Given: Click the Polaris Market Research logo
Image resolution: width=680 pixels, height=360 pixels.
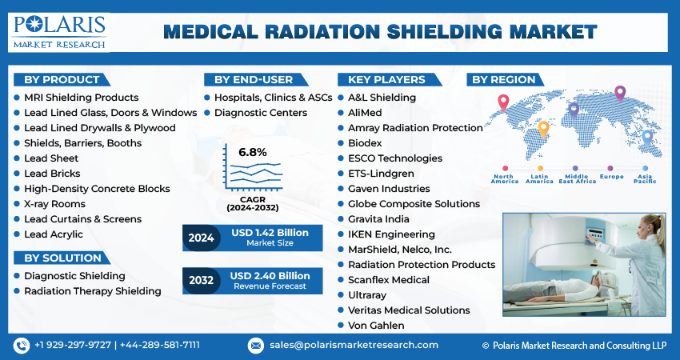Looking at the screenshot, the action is (x=59, y=32).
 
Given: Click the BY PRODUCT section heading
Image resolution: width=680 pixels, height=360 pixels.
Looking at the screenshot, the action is (x=62, y=80).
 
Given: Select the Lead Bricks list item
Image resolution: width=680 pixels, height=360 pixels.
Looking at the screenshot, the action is (x=52, y=174).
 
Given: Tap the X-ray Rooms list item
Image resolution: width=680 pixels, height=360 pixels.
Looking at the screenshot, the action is (x=54, y=204).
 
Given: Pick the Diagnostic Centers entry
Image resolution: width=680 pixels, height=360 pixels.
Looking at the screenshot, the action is (x=261, y=113).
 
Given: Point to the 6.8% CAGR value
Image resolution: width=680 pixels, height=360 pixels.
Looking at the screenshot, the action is (x=252, y=152).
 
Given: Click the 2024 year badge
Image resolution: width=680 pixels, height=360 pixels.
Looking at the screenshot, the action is (x=202, y=238).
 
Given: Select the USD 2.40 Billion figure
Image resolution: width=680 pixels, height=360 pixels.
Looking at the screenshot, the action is (x=270, y=276).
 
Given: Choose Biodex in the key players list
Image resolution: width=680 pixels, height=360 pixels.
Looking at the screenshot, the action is (x=365, y=143).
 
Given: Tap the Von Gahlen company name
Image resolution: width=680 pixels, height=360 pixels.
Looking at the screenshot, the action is (x=376, y=326).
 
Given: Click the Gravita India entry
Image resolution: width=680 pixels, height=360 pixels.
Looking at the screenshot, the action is (x=378, y=219).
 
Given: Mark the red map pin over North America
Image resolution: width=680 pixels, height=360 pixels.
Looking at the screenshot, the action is (x=503, y=103).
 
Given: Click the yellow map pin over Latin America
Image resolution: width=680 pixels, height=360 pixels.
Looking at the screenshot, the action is (x=543, y=130).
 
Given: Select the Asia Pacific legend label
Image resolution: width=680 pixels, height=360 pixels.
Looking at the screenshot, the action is (x=645, y=179).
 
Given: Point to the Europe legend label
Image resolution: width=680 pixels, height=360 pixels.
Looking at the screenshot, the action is (x=611, y=177).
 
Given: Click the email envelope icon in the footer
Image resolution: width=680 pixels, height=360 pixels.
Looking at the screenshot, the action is (x=256, y=346).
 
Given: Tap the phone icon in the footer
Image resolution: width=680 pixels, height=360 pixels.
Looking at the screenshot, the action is (x=22, y=346).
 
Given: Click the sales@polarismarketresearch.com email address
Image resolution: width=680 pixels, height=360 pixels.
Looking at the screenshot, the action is (x=354, y=346).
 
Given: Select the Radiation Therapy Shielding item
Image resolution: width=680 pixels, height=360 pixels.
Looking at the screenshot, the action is (x=92, y=291).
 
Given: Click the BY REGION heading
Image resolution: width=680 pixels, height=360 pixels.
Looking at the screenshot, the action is (x=503, y=80).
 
